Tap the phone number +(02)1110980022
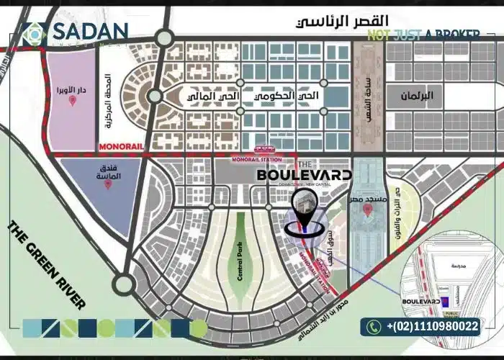pos(432,327)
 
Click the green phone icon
pos(374,327)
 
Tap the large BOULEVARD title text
pos(305,175)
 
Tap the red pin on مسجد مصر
pos(368,210)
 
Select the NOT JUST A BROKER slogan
pos(432,35)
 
